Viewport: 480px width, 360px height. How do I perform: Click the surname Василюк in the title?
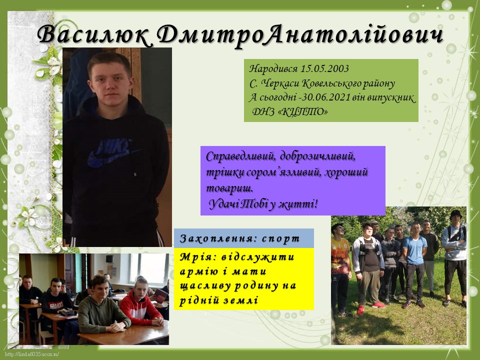(x=94, y=34)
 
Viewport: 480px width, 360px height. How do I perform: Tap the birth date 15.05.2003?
(x=324, y=68)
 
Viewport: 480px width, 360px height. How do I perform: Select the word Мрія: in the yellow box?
(x=197, y=256)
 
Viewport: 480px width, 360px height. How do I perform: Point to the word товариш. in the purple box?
(x=230, y=187)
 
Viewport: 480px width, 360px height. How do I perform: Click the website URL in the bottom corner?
(x=32, y=354)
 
